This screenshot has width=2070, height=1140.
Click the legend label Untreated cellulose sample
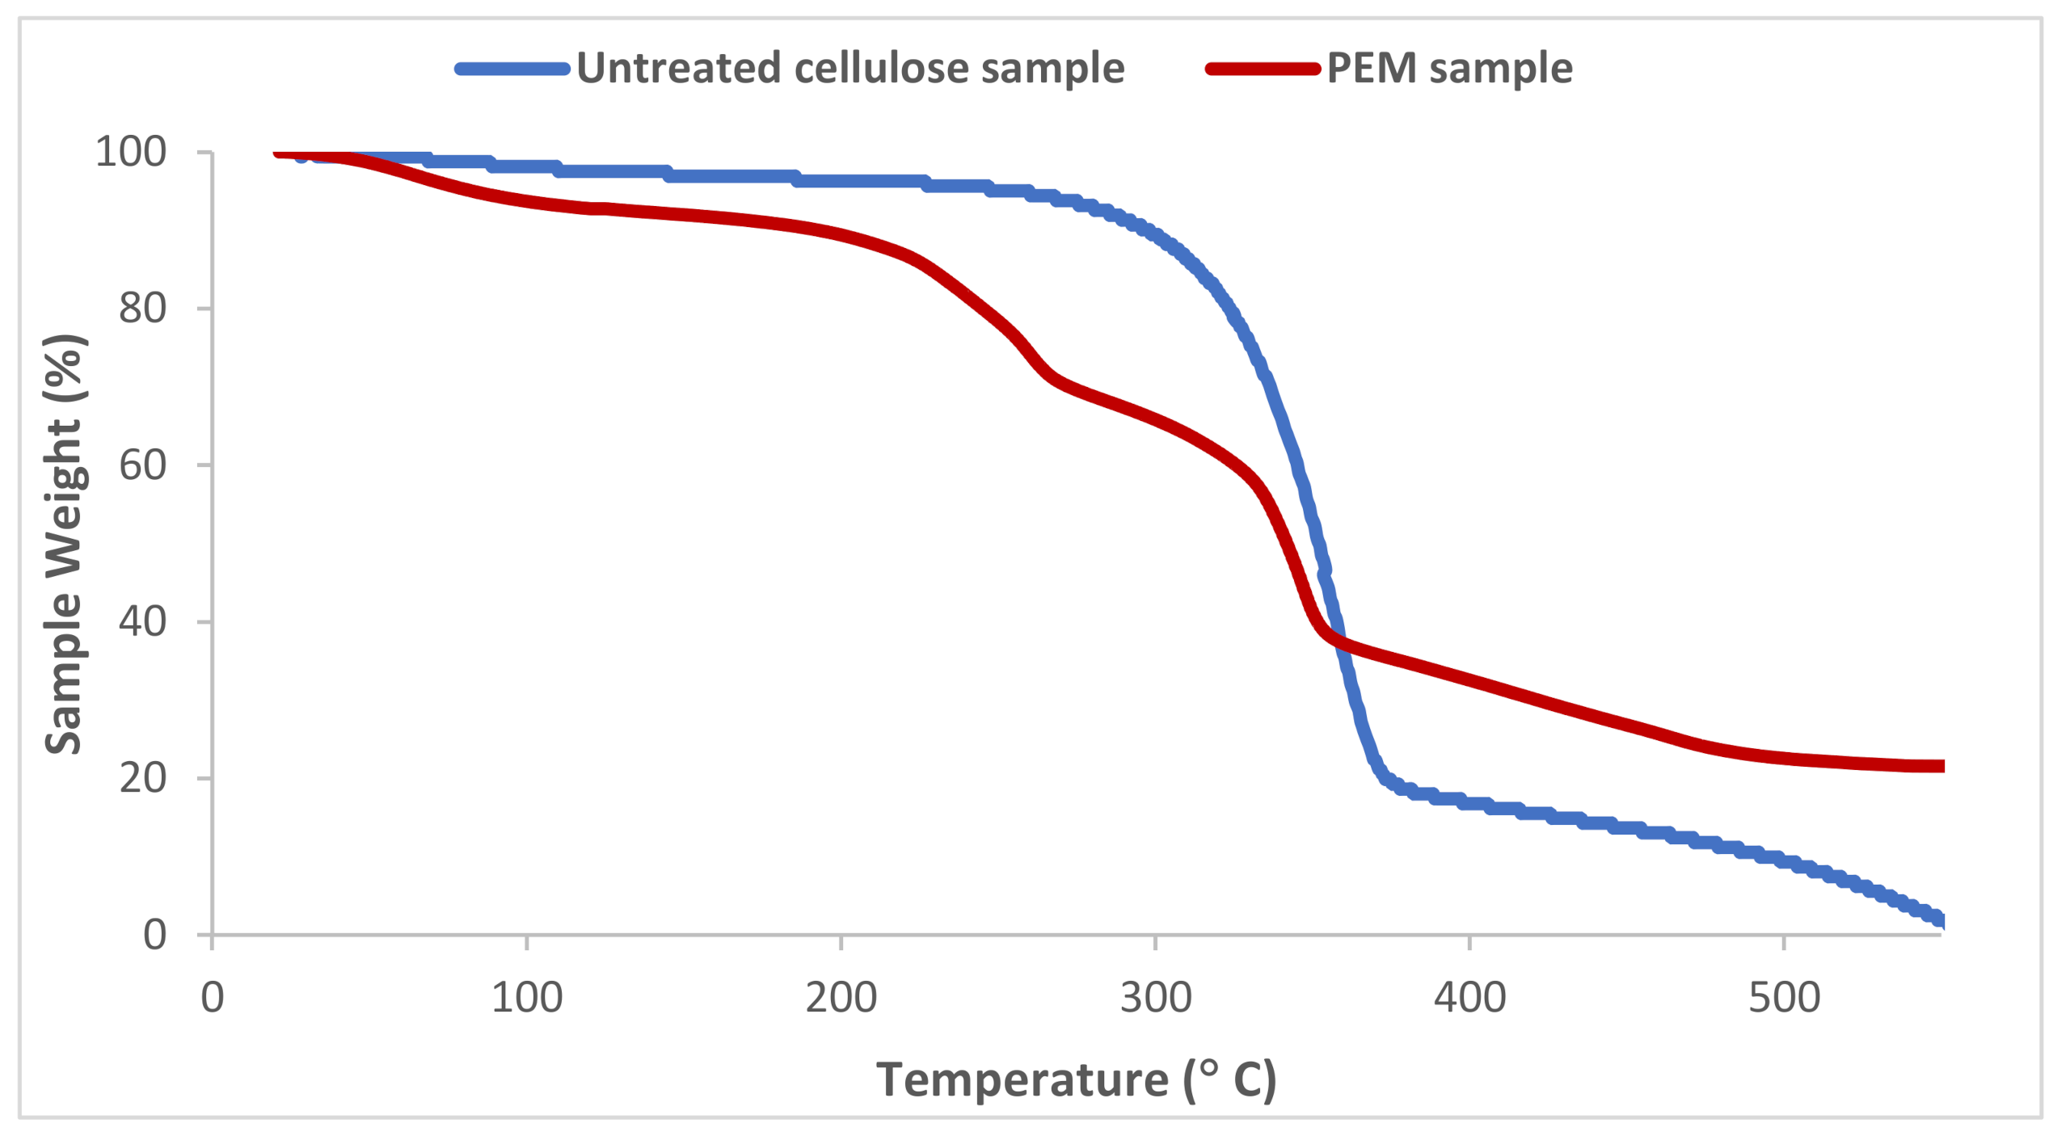click(x=850, y=67)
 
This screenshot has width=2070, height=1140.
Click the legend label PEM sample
click(x=1449, y=67)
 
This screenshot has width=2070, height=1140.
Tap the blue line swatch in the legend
click(x=512, y=69)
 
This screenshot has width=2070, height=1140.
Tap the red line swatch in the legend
click(x=1263, y=69)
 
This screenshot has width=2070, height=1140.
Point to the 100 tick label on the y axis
click(x=130, y=151)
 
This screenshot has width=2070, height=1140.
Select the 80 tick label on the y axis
click(x=142, y=308)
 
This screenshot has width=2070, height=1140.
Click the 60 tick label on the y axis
click(x=142, y=465)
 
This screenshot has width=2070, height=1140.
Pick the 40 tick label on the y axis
click(x=142, y=621)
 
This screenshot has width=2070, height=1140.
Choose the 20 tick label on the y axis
click(x=142, y=778)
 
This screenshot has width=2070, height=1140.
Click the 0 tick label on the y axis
click(x=154, y=935)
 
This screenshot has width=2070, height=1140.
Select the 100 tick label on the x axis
click(x=527, y=997)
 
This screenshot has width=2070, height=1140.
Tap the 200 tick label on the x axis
click(x=841, y=997)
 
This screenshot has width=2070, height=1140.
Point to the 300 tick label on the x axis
click(x=1155, y=997)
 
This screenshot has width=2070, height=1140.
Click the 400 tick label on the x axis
click(x=1469, y=997)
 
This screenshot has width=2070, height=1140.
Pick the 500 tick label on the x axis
click(x=1784, y=997)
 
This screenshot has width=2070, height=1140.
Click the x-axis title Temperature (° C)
click(x=1076, y=1079)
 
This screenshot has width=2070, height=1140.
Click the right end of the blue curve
click(x=1941, y=920)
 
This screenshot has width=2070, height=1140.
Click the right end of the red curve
click(x=1941, y=766)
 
